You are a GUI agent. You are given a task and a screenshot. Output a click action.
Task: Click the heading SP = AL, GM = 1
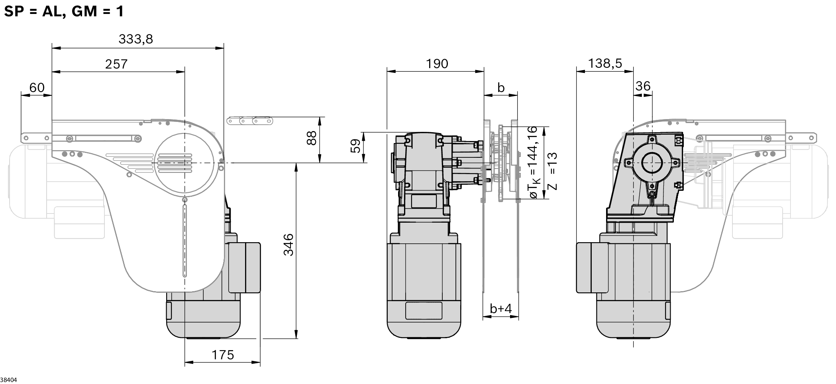coord(64,11)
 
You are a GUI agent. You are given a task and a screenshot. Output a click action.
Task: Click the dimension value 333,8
coord(135,39)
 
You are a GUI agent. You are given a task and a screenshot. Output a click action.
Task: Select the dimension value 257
coord(116,64)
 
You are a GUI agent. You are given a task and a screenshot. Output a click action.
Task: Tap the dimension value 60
coord(37,88)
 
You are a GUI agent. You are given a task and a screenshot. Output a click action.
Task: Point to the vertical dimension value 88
coord(312,138)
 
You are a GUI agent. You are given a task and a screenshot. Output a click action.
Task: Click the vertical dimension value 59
coord(355,146)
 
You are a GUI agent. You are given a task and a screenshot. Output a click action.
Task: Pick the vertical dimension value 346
coord(288,245)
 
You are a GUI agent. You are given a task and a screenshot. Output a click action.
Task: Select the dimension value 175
coord(222,355)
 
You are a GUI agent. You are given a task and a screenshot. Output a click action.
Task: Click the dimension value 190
coord(437,64)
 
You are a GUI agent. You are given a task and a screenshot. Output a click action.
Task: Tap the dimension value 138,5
coord(604,63)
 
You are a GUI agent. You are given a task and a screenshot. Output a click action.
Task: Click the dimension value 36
coord(642,86)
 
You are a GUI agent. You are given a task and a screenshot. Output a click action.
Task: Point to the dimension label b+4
coord(500,308)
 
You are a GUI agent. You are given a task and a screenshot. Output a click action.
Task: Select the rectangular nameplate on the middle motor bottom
coord(423,310)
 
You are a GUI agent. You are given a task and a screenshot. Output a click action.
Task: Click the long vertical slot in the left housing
coord(184,241)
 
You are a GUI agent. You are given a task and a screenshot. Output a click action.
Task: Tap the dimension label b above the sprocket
coord(501,87)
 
